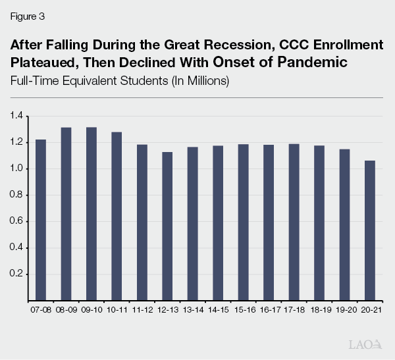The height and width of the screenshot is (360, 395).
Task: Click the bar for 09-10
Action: tap(91, 214)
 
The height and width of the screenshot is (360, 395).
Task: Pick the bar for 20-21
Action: tap(371, 230)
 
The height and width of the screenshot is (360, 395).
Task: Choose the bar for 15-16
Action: tap(244, 222)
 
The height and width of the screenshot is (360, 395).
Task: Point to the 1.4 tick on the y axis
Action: tap(16, 116)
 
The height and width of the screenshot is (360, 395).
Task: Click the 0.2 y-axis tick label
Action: tap(16, 274)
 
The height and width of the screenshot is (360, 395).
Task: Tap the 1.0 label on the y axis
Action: tap(16, 169)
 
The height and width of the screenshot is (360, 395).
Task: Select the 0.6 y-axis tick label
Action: tap(16, 222)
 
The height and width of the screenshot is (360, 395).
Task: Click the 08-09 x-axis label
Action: tap(66, 308)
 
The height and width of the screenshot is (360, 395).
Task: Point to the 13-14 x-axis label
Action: tap(193, 308)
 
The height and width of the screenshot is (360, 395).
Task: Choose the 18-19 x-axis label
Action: tap(320, 308)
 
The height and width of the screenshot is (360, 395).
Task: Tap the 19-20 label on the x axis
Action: tap(346, 308)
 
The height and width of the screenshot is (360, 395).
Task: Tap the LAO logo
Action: tap(364, 344)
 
